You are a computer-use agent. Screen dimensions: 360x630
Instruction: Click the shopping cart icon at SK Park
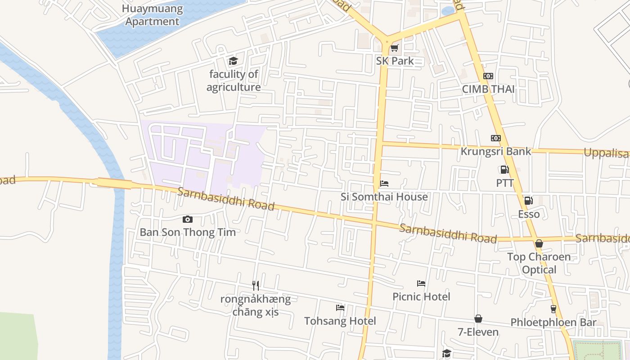[394, 48]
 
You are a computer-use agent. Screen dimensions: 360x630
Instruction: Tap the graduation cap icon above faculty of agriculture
[233, 61]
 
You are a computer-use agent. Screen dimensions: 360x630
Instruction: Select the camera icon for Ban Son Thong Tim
[188, 219]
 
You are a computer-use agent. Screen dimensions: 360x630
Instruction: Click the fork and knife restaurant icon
[256, 285]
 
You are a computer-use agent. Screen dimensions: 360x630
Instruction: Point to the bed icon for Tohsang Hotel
[340, 308]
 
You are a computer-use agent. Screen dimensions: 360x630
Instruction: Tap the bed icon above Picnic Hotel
[421, 283]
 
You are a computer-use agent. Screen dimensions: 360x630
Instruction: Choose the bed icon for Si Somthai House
[384, 184]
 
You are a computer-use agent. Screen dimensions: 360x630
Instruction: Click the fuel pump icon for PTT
[504, 170]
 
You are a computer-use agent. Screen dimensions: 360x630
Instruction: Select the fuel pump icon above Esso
[528, 201]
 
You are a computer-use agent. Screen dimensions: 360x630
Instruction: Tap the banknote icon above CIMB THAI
[488, 76]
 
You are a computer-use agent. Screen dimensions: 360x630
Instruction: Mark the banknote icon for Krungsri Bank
[496, 138]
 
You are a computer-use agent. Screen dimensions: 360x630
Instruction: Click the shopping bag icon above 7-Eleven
[478, 319]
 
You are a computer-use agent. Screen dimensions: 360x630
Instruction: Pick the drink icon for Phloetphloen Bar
[553, 309]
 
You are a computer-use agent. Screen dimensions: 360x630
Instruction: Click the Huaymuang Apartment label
[153, 15]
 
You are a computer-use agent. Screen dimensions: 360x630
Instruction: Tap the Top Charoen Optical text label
[539, 263]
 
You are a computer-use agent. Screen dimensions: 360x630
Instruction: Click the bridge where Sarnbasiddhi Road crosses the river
[115, 183]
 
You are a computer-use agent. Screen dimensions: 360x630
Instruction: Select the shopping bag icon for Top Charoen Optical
[539, 243]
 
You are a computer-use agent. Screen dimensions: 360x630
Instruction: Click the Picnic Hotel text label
[421, 297]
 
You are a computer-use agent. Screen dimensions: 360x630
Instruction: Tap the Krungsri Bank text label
[495, 151]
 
